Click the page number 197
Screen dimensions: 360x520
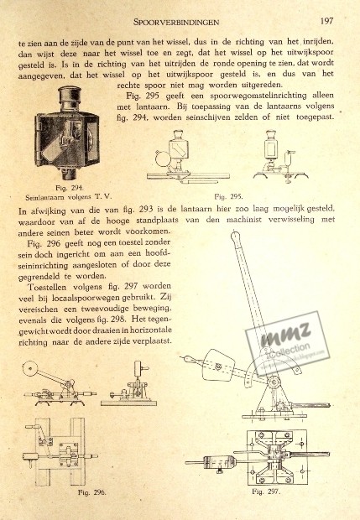click(326, 21)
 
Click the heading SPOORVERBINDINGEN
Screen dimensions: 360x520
click(176, 22)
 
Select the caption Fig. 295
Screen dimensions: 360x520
click(228, 196)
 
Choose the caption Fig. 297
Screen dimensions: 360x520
click(266, 491)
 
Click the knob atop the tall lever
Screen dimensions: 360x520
click(235, 237)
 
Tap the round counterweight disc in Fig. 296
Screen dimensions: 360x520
click(30, 368)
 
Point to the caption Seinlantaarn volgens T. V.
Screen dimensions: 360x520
click(68, 197)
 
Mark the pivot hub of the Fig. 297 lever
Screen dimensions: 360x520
click(274, 382)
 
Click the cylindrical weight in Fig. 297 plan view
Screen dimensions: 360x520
click(220, 461)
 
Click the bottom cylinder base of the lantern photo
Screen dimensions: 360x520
click(70, 173)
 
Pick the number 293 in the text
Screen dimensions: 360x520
click(146, 210)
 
